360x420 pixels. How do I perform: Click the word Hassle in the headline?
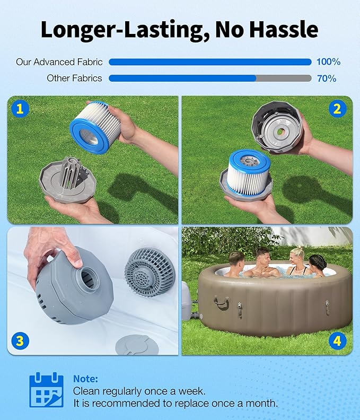[x=284, y=29]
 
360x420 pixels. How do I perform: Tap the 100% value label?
[x=328, y=62]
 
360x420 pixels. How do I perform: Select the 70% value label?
[x=327, y=78]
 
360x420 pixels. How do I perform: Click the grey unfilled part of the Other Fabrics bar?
[x=284, y=78]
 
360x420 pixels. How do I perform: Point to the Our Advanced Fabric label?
[x=59, y=62]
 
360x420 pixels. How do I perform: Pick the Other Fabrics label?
[x=74, y=78]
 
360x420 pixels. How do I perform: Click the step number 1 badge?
[x=20, y=109]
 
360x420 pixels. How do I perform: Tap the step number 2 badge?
[x=337, y=109]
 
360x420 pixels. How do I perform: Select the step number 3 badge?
[x=20, y=341]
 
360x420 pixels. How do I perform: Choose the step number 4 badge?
[x=337, y=341]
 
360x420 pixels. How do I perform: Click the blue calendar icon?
[x=46, y=390]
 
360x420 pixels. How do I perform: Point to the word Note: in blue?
[x=86, y=379]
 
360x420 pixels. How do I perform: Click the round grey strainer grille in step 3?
[x=150, y=272]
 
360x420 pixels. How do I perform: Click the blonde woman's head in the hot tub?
[x=297, y=256]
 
